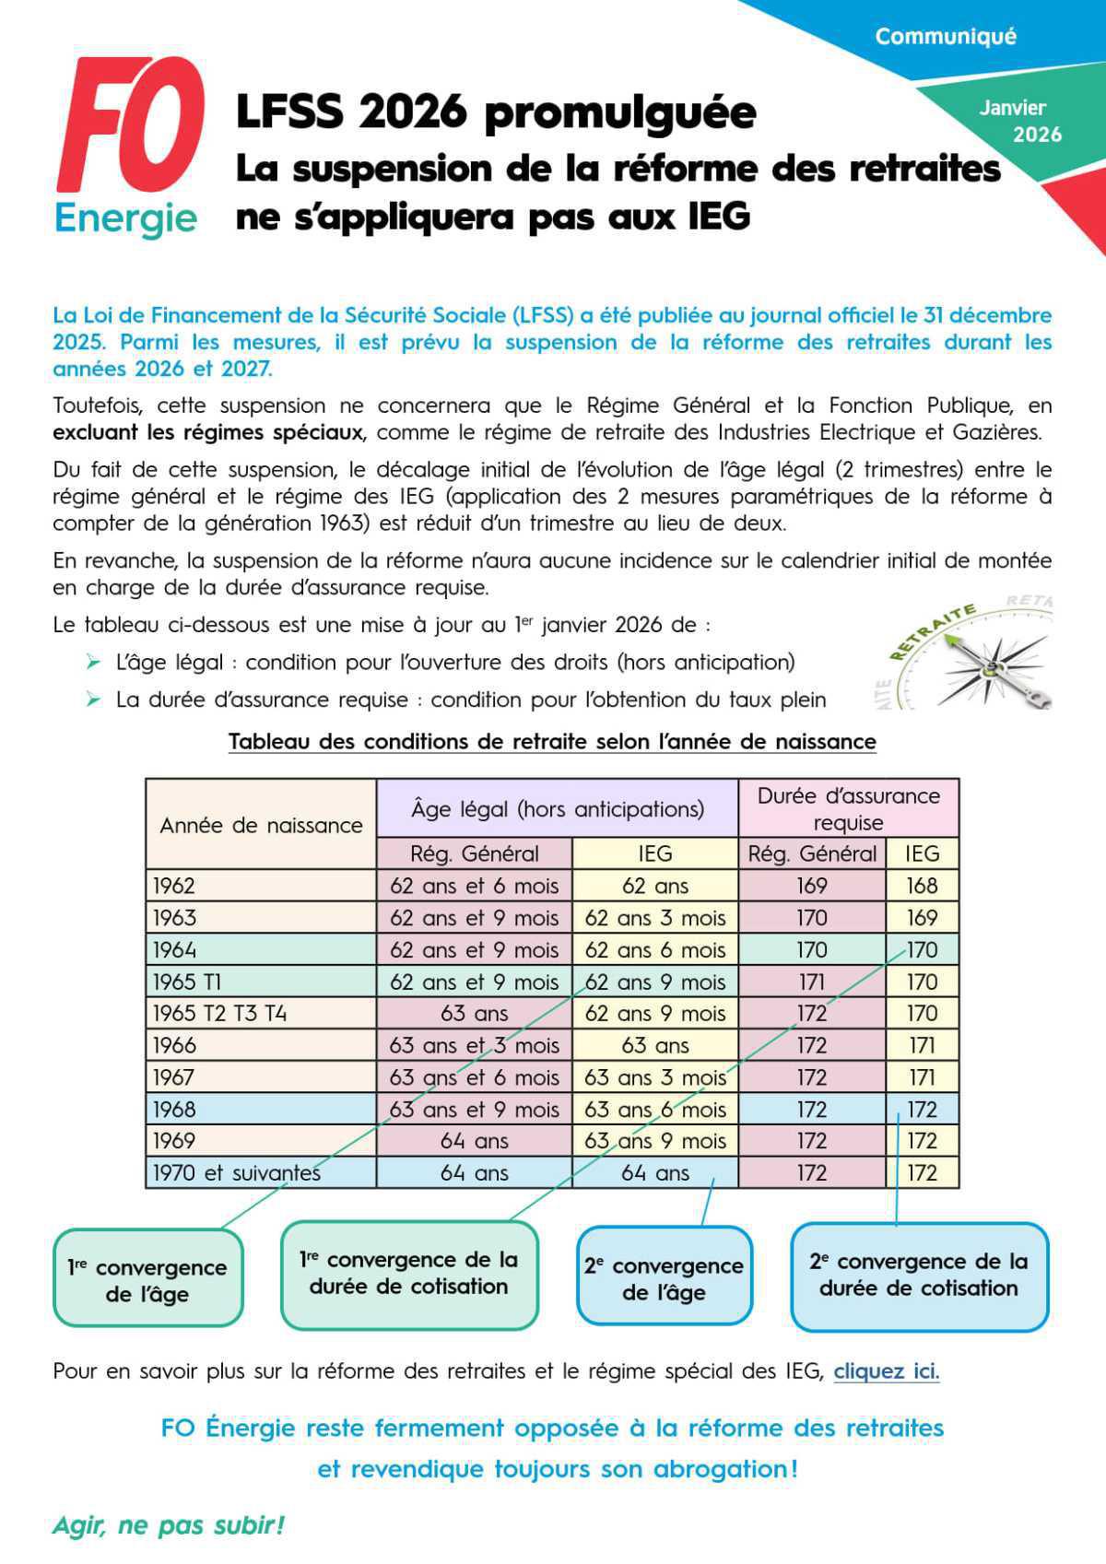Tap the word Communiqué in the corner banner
coord(945,37)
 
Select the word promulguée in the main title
coord(619,112)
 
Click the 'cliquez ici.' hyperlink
coord(886,1370)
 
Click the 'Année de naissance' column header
coord(261,825)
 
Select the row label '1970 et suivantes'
coord(236,1173)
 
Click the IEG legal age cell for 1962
coord(654,886)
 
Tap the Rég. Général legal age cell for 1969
coord(474,1141)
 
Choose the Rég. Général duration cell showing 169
coord(811,886)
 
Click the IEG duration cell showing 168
coord(922,886)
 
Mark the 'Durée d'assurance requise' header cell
coord(848,808)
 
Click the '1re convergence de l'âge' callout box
coord(147,1280)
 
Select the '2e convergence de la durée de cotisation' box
coord(919,1275)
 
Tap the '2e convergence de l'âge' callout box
coord(664,1278)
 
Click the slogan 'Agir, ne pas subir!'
coord(168,1525)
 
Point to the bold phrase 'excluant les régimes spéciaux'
coord(208,432)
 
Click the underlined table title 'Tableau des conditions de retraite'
coord(551,742)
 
